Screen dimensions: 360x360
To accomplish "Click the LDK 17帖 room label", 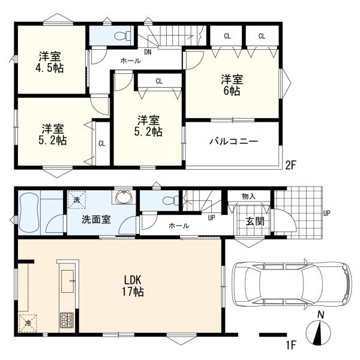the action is click(x=133, y=286).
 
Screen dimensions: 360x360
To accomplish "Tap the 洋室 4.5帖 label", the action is click(x=50, y=62).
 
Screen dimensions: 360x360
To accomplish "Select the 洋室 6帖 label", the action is click(x=232, y=85).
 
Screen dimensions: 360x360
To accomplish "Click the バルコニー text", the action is click(x=234, y=141).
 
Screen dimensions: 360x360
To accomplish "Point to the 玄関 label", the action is click(x=255, y=221).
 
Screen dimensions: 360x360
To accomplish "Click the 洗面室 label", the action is click(x=96, y=220).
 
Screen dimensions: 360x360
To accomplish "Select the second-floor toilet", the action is click(x=122, y=36).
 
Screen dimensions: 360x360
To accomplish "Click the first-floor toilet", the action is click(x=170, y=200).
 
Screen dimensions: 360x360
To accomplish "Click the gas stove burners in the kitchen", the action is click(x=67, y=320).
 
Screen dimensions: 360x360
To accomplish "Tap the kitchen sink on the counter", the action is click(x=67, y=281).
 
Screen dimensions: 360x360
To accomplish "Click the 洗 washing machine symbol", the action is click(x=77, y=200).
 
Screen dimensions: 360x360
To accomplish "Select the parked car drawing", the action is click(x=292, y=284).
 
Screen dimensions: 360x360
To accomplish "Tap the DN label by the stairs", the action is click(x=148, y=52).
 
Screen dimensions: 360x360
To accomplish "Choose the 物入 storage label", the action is click(x=248, y=197).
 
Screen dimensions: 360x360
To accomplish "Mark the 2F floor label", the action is click(x=290, y=165).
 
